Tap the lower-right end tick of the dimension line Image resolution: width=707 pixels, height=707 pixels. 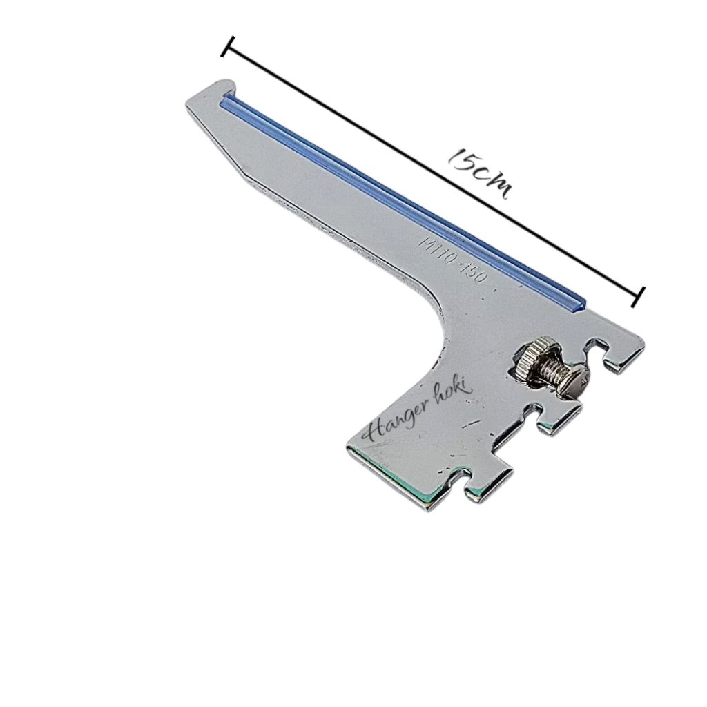[x=639, y=295]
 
